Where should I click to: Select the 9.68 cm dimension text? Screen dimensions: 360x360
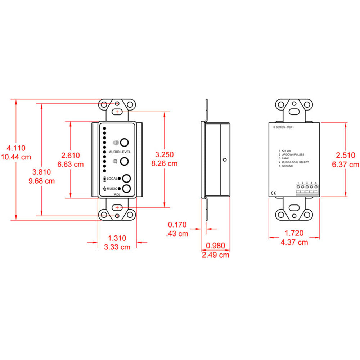[x=41, y=181]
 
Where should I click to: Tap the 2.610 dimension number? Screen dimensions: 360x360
[x=71, y=156]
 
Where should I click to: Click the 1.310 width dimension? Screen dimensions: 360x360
[x=117, y=238]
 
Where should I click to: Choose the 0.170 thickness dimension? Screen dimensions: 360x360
[x=177, y=225]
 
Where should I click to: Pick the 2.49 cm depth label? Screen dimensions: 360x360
[x=215, y=255]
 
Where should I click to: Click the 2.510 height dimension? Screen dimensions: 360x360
[x=346, y=156]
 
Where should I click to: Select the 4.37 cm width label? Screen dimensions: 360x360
[x=294, y=242]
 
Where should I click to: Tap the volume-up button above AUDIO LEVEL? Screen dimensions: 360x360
[x=125, y=142]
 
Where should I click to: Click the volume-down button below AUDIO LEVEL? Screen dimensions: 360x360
[x=125, y=161]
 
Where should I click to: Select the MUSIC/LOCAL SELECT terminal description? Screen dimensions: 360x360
[x=296, y=162]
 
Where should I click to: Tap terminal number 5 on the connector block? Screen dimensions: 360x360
[x=316, y=187]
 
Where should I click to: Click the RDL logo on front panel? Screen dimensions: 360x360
[x=117, y=195]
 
